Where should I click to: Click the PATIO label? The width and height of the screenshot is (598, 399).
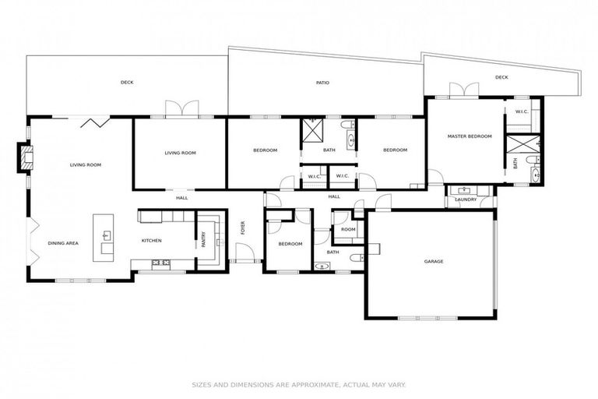322,82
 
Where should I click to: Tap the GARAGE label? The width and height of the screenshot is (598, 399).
433,261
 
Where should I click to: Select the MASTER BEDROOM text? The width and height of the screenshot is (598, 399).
470,136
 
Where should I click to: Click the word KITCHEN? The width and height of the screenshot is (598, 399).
151,240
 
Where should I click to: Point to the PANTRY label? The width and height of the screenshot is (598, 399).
203,240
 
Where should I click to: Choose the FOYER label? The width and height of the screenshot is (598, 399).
243,228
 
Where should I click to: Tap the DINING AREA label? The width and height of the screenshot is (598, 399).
63,243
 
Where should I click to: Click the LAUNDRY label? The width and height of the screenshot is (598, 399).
466,199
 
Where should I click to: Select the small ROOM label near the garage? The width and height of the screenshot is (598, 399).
347,229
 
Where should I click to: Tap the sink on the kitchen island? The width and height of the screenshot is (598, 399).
107,235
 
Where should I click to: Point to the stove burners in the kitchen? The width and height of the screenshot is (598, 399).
162,263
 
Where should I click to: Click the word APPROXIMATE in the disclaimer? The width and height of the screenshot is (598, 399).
299,384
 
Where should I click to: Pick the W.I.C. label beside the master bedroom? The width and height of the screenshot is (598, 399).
522,111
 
